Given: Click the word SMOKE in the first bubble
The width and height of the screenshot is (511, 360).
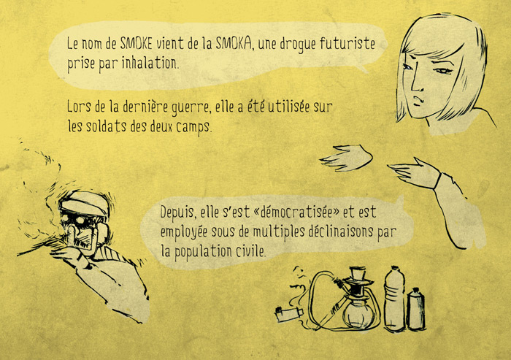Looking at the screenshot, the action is point(136,42).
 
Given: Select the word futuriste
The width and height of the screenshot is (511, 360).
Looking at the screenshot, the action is point(347,43).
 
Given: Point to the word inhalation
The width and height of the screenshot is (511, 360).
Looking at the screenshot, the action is point(150,63).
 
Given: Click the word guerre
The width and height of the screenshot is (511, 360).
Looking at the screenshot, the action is point(191,107).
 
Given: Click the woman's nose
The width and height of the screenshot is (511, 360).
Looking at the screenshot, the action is point(416,83).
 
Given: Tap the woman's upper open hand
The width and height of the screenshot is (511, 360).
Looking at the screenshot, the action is point(347,158).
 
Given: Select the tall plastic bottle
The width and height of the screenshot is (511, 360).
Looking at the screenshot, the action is point(394,299).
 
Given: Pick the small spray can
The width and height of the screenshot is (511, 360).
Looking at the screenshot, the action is point(416,309).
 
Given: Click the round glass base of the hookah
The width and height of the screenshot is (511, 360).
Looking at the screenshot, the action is point(358,314).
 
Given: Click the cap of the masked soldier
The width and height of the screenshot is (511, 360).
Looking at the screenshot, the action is point(85,202).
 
